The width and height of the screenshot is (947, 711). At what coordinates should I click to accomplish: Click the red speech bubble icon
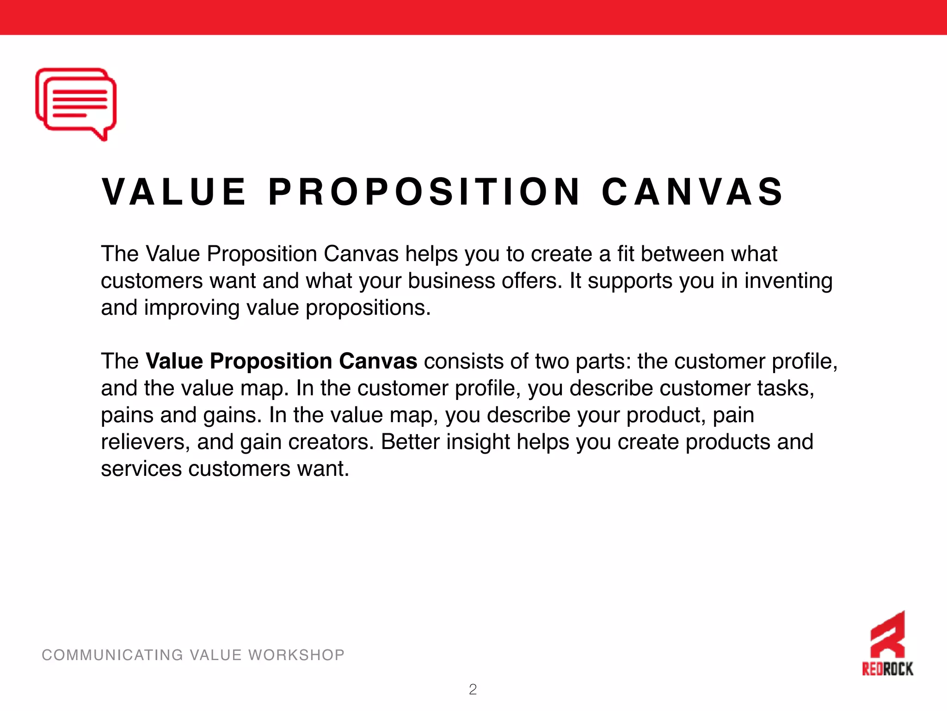pos(76,104)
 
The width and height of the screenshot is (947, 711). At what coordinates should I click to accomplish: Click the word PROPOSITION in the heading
pos(424,192)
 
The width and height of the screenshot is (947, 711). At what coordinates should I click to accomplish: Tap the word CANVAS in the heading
pos(692,192)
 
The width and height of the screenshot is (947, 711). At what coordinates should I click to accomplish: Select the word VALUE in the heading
pos(174,192)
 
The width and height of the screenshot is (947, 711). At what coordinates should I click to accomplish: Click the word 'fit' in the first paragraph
pos(625,254)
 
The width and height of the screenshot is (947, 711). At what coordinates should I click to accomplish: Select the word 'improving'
pos(192,308)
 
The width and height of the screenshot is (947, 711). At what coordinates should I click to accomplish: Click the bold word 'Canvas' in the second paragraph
pos(378,361)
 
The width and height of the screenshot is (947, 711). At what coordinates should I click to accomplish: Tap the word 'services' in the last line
pos(141,468)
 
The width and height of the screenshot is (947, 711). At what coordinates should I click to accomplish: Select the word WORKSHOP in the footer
pos(296,655)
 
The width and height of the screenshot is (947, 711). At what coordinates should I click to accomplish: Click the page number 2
pos(473,690)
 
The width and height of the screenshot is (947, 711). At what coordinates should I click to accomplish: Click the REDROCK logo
pos(887,644)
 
